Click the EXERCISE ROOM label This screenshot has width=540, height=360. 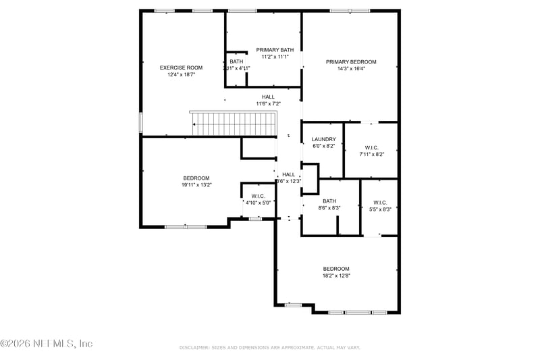click(x=181, y=68)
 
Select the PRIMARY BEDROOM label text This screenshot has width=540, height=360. click(x=351, y=61)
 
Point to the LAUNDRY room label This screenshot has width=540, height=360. click(x=323, y=140)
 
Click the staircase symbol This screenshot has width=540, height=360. click(x=234, y=124)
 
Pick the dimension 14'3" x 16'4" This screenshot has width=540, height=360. click(x=351, y=68)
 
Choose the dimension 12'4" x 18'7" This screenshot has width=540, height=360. click(x=181, y=74)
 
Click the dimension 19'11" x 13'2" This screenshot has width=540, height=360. click(x=196, y=184)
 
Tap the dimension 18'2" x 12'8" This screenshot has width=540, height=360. click(x=336, y=275)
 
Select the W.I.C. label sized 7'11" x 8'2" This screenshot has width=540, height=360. click(x=371, y=147)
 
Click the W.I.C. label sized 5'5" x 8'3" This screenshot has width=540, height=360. click(x=379, y=202)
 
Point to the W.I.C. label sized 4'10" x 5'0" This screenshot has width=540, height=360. click(x=257, y=196)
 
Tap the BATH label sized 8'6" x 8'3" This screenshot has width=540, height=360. click(x=329, y=201)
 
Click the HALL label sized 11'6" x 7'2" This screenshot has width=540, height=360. click(x=268, y=97)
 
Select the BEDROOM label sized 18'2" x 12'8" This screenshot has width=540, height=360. click(x=336, y=268)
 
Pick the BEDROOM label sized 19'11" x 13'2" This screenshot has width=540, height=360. click(x=196, y=178)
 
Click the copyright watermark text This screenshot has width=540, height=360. click(x=47, y=344)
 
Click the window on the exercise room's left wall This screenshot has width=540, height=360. click(x=140, y=122)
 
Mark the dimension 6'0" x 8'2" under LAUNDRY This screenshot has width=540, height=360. click(x=323, y=147)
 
